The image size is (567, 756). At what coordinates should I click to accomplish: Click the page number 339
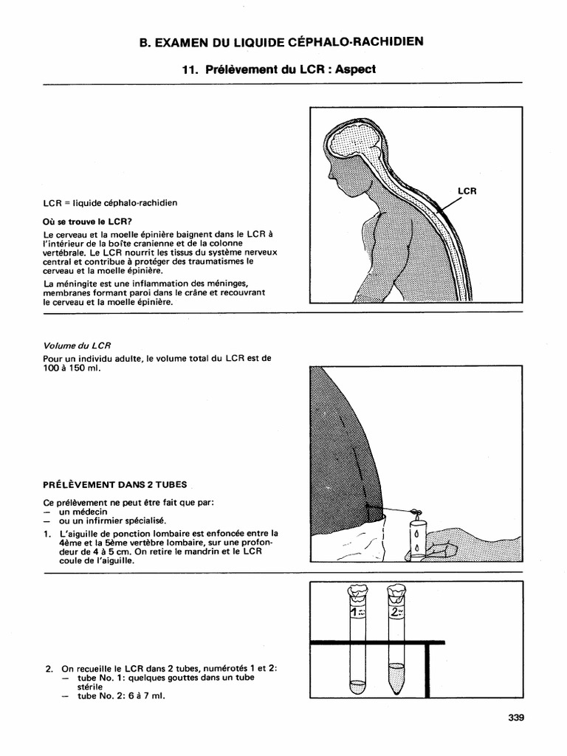pos(515,715)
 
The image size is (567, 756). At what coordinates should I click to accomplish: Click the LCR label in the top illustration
pos(467,190)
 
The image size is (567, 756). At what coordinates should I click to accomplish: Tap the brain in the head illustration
pos(354,148)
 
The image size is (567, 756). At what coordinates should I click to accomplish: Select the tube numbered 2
pos(396,642)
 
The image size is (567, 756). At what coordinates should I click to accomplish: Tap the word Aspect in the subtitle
pos(356,69)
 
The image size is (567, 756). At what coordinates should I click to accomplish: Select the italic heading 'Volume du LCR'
pos(78,345)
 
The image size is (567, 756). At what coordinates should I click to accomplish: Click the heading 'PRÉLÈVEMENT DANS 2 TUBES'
pos(115,485)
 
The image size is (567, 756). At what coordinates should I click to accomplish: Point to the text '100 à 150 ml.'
pos(71,367)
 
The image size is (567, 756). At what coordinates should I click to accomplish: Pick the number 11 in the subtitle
pos(189,69)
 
